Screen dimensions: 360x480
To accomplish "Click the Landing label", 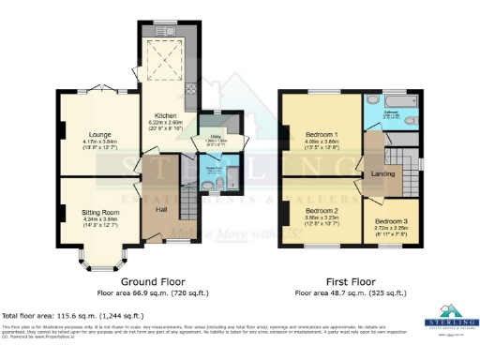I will [382, 173].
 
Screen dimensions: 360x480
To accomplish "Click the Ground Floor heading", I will [153, 281].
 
